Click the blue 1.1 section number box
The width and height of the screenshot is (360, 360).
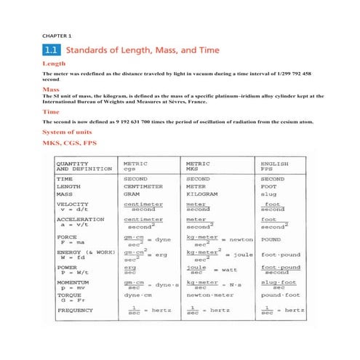[54, 52]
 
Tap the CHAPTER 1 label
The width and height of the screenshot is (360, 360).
[57, 36]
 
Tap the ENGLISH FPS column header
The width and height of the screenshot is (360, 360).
[275, 167]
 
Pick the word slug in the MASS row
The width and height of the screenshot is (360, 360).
[269, 195]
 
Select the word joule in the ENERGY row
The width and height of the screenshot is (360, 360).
[241, 255]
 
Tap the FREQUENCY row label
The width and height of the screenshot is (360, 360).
[76, 311]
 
